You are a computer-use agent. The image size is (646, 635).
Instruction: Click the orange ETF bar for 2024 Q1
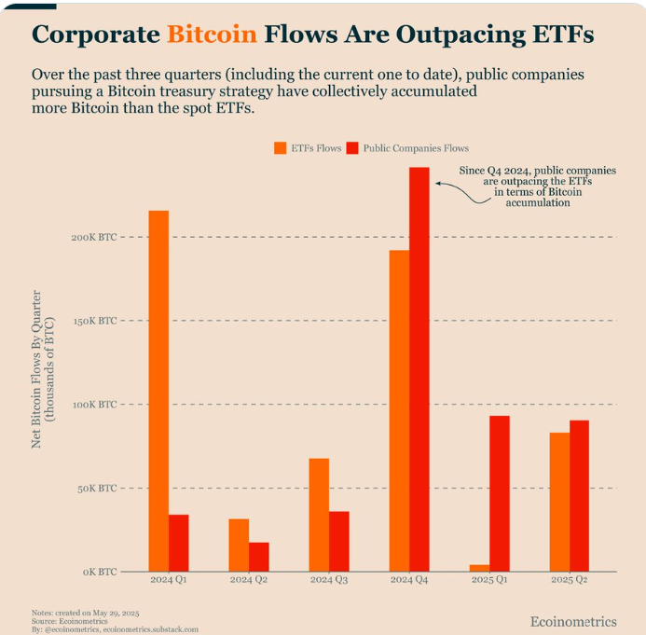158,391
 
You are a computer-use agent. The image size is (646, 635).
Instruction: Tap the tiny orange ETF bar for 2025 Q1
479,567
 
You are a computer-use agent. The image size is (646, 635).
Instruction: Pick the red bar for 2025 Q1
500,493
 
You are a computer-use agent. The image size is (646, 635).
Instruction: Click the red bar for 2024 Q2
259,557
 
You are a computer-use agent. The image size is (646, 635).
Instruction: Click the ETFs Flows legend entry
307,148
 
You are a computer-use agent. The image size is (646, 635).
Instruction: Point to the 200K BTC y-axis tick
94,238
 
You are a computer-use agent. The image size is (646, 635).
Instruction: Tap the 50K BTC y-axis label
96,489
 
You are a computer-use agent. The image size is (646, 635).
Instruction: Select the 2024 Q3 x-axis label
328,581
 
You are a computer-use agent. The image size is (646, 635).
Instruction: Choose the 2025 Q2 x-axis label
569,581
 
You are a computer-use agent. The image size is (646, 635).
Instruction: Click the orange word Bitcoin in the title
212,35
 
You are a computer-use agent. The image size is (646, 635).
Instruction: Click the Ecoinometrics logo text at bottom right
573,621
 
